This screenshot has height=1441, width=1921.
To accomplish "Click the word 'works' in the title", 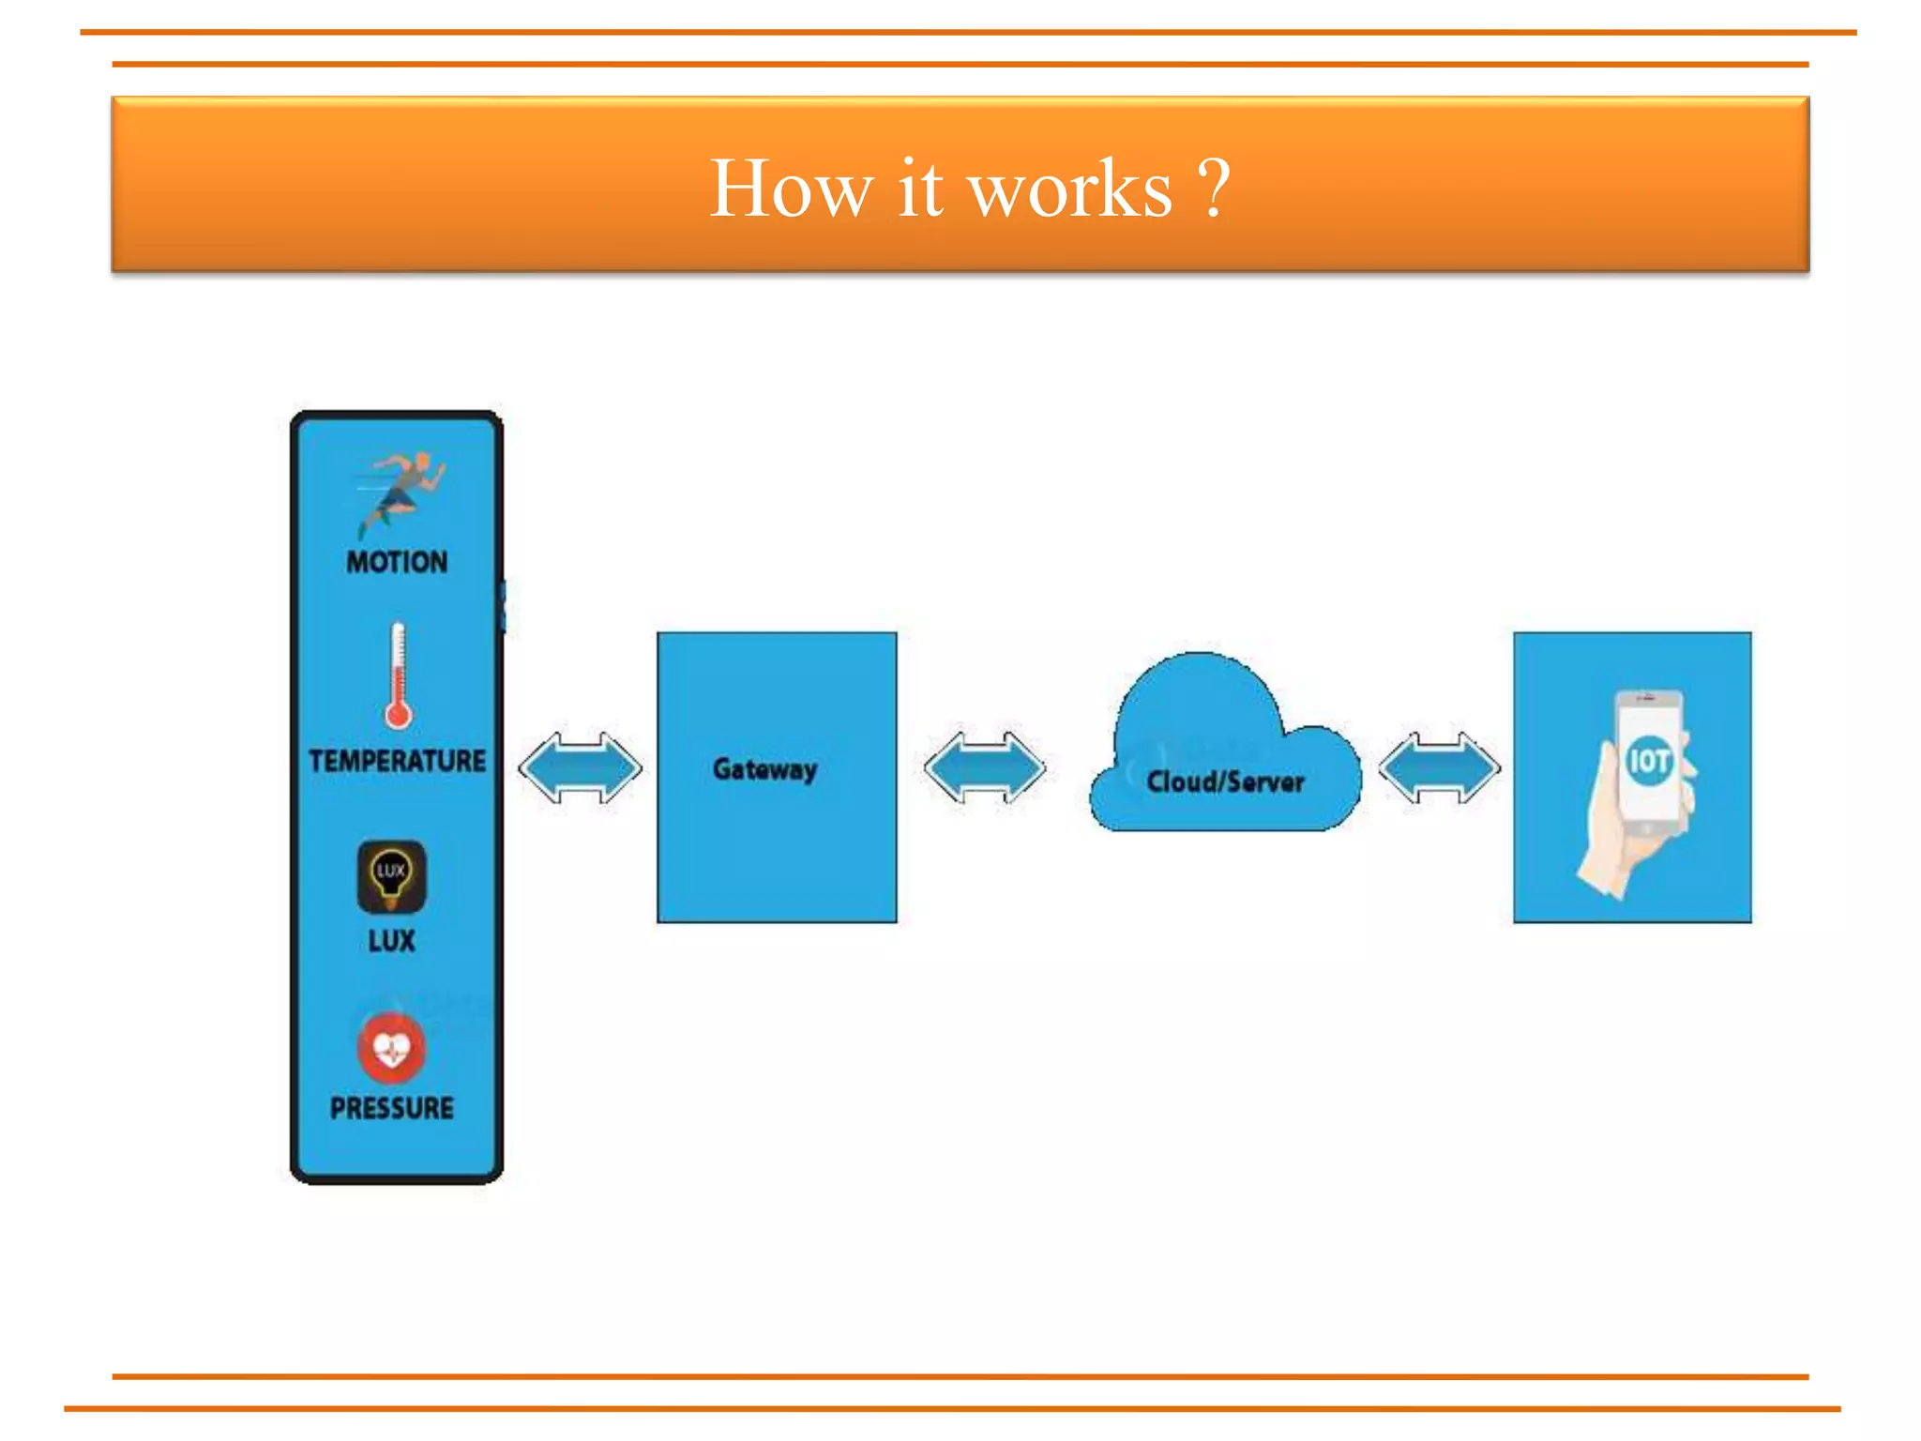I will coord(1069,190).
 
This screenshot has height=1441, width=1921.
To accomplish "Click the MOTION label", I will coord(397,562).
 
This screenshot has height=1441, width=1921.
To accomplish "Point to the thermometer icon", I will coord(398,676).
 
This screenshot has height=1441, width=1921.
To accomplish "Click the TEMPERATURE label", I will coord(397,761).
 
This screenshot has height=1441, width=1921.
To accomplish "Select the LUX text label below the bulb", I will coord(391,941).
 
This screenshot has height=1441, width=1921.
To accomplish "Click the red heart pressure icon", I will coord(391,1048).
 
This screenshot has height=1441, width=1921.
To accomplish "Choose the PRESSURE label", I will coord(391,1108).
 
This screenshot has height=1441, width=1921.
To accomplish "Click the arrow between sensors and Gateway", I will coord(581,768).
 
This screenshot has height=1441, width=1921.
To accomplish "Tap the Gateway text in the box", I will coord(764,770).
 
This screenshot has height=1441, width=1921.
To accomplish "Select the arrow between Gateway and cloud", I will coord(984,768).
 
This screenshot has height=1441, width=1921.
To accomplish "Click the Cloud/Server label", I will coord(1225,782).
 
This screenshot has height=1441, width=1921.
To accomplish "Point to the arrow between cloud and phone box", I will coord(1439,768).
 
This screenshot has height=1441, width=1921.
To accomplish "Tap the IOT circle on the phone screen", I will coord(1648,760).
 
